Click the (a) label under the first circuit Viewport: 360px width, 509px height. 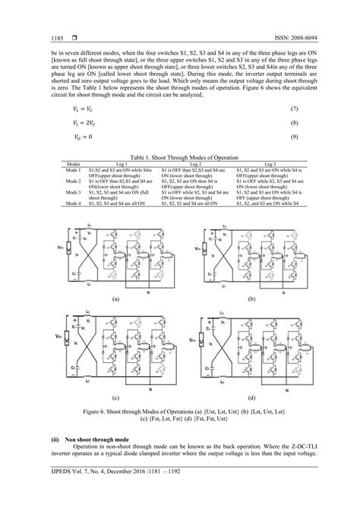click(x=115, y=299)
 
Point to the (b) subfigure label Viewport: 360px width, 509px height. click(x=250, y=299)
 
